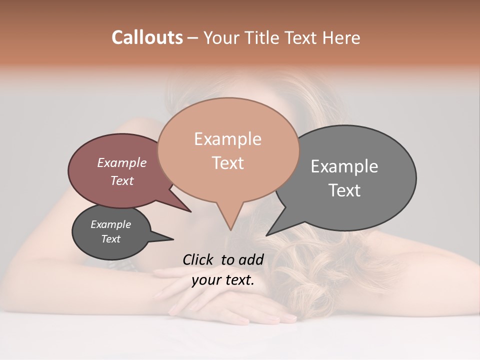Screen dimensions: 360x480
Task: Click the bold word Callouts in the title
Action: point(147,37)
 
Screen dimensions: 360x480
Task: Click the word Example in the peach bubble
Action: point(227,139)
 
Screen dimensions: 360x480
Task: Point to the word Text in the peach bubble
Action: point(227,162)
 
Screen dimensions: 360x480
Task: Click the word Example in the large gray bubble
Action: point(344,166)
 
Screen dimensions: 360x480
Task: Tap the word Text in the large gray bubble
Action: point(344,190)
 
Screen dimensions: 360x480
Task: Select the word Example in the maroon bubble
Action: point(121,162)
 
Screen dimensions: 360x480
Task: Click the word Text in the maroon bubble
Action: point(121,180)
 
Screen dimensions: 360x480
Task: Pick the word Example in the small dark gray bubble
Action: point(110,224)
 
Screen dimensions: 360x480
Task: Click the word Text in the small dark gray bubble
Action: point(110,239)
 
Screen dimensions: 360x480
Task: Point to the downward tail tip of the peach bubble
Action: point(230,229)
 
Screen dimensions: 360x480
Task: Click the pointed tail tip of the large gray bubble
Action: point(267,234)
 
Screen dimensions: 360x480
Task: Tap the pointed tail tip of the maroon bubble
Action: point(190,211)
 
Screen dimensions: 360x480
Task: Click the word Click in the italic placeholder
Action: point(198,259)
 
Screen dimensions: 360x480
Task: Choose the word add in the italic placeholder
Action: point(250,259)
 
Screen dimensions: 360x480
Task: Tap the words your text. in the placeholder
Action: point(222,280)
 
